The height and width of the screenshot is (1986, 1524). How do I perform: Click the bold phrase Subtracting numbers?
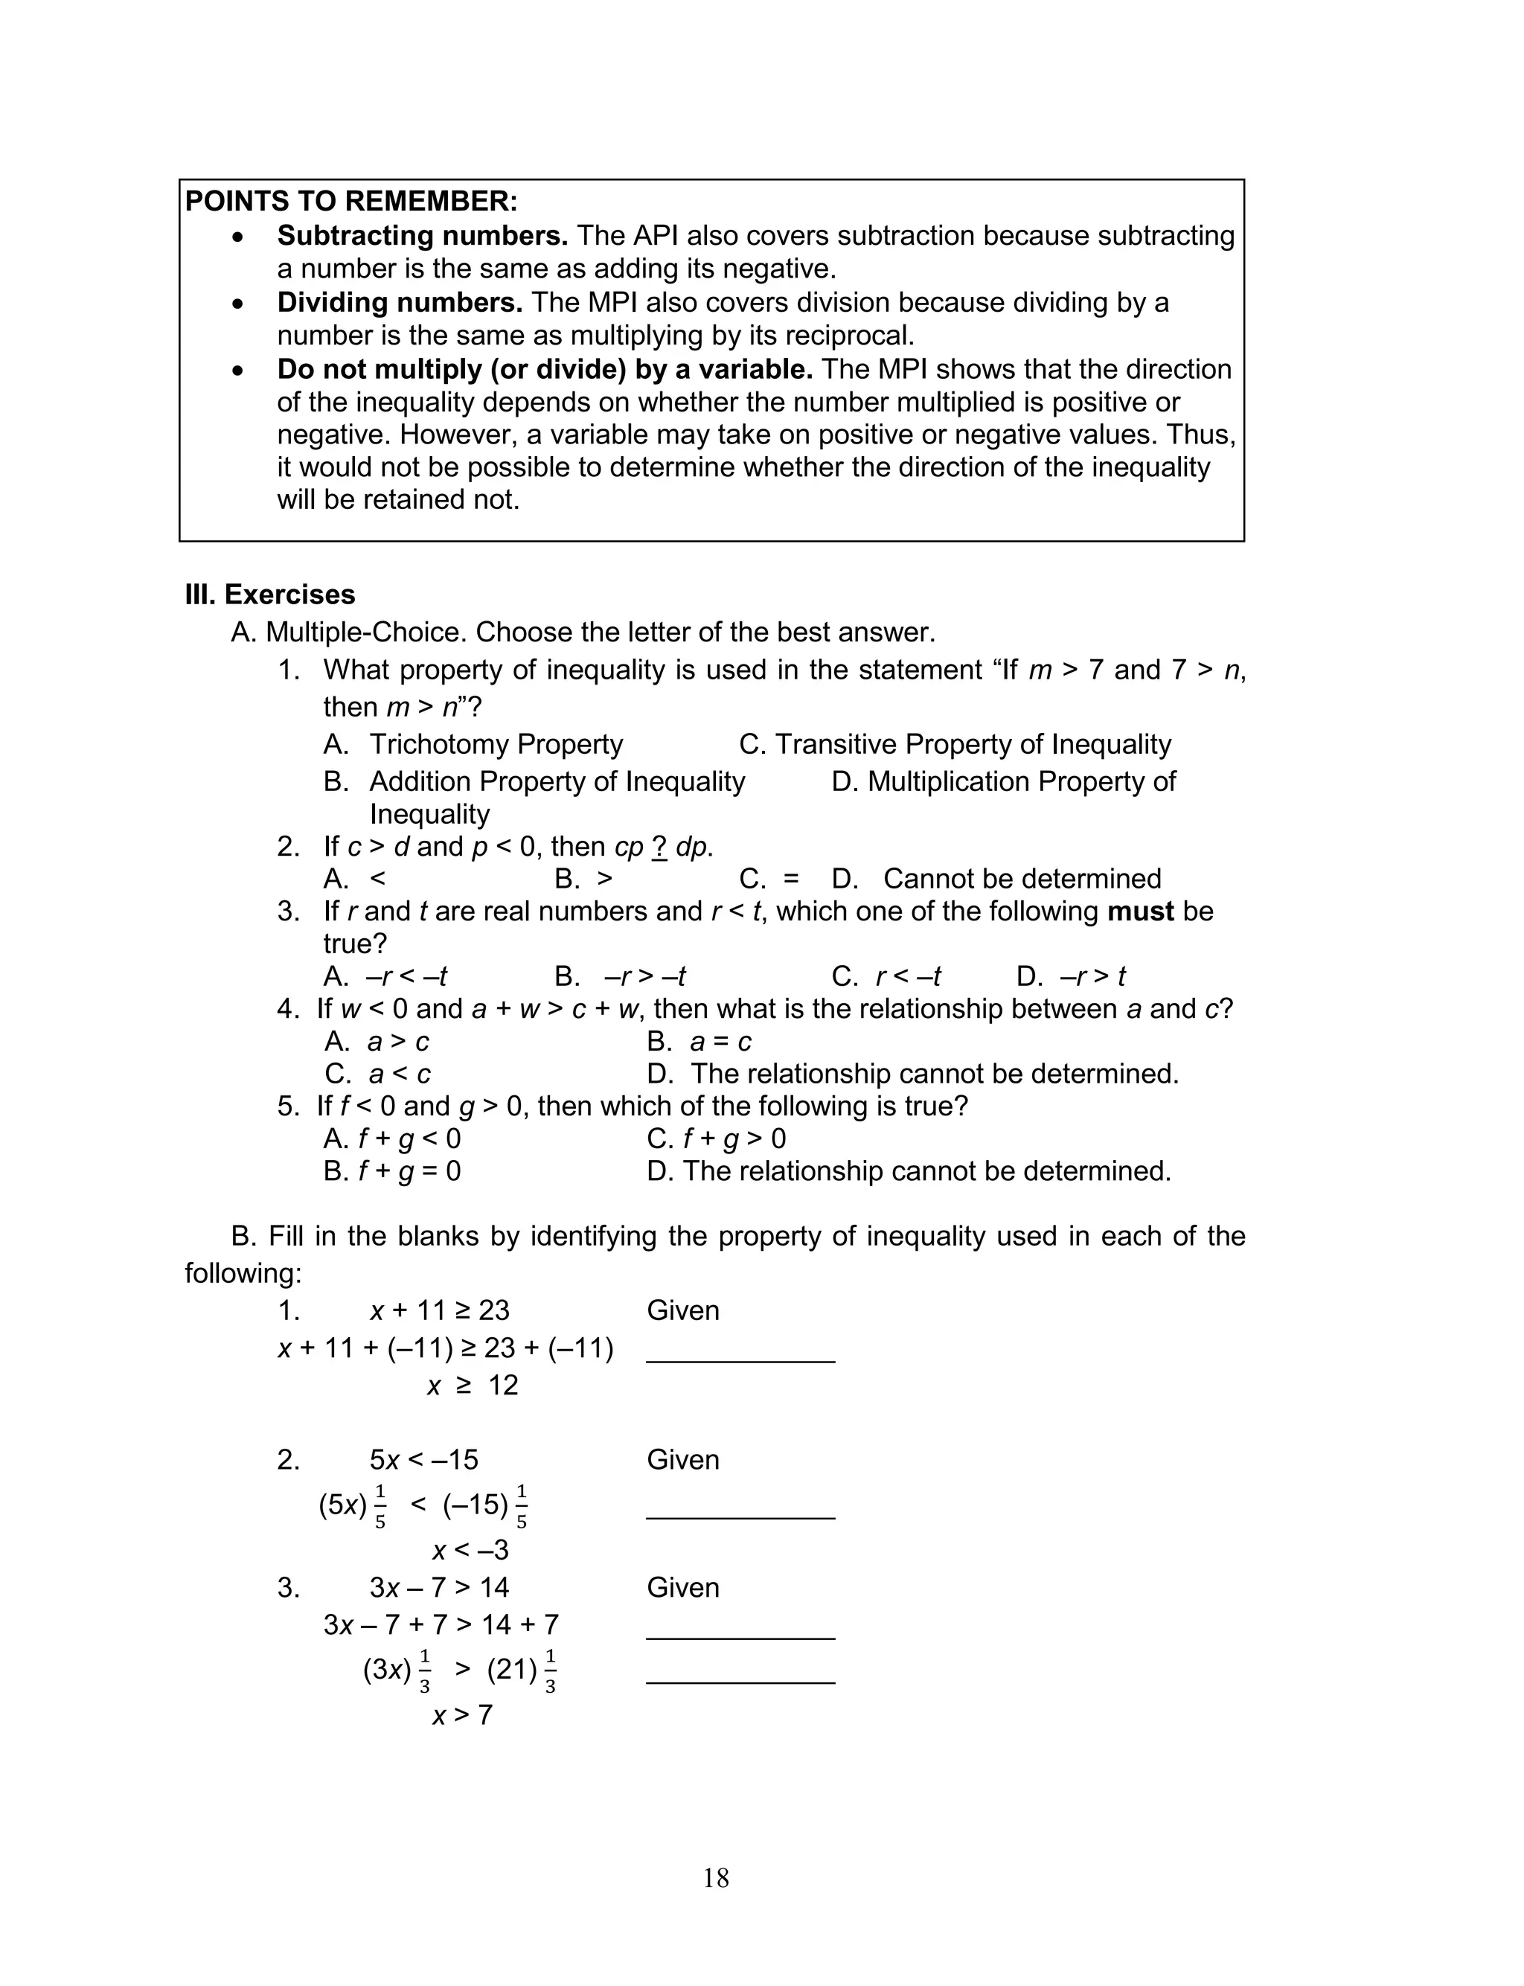(422, 236)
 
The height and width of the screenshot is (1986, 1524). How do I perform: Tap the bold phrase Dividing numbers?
(399, 302)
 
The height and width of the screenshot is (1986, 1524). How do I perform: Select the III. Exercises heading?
(269, 594)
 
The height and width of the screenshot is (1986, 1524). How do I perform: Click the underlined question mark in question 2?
(659, 846)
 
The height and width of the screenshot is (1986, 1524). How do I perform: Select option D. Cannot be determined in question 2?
(996, 879)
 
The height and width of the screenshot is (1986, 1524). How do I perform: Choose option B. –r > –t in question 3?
(621, 977)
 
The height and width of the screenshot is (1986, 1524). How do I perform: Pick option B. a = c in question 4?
(699, 1041)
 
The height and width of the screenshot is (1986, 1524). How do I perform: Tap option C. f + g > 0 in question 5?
(716, 1139)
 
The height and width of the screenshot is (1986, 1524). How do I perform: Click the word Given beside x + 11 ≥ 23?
(682, 1310)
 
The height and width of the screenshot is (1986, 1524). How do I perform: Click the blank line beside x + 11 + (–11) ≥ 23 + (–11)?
(740, 1359)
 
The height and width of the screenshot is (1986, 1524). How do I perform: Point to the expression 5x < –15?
(423, 1460)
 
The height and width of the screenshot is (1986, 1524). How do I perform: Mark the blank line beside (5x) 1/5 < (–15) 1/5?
(740, 1516)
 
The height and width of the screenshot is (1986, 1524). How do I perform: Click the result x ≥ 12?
(473, 1386)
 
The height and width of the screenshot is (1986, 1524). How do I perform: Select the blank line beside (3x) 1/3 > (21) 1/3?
(740, 1682)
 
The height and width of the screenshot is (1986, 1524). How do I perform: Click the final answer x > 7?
(461, 1715)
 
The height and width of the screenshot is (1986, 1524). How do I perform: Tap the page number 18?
(716, 1878)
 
